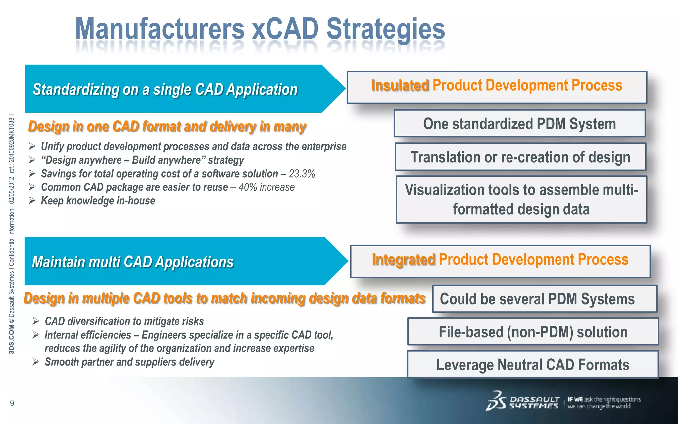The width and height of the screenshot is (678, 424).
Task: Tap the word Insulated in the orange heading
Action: [400, 85]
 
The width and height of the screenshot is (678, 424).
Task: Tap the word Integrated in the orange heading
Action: [403, 259]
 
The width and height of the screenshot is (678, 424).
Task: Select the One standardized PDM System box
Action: [519, 124]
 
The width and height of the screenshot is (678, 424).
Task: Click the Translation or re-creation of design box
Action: [520, 157]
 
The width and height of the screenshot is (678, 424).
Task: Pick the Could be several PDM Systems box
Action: [545, 299]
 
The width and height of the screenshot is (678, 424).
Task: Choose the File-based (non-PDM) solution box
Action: [533, 332]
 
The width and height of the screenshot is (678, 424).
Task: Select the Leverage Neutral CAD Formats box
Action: [533, 365]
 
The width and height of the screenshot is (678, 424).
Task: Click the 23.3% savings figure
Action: [302, 174]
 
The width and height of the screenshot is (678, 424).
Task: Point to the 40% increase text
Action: [266, 187]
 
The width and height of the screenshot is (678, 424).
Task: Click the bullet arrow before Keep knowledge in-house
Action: [32, 201]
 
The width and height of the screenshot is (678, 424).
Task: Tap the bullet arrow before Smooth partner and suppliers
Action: [36, 362]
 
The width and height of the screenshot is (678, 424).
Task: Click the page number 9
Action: [12, 403]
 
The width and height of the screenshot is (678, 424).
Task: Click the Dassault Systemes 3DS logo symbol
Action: [496, 401]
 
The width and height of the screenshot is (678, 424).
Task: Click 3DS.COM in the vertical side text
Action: [12, 339]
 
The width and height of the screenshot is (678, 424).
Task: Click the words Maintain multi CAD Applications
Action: [133, 262]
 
